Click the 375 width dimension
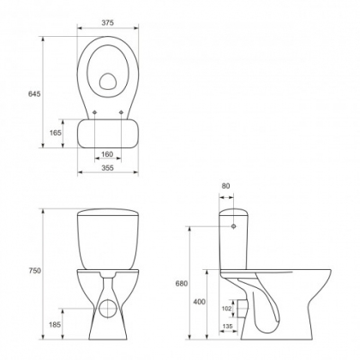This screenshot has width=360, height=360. click(107, 23)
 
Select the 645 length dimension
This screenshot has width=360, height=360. click(34, 93)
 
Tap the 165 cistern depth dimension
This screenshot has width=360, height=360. click(56, 133)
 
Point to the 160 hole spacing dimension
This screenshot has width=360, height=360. click(107, 154)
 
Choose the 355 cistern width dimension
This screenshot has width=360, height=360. click(107, 168)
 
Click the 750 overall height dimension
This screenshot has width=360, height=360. click(35, 271)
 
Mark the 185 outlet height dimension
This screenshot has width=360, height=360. click(55, 325)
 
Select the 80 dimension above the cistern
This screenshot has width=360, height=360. click(225, 186)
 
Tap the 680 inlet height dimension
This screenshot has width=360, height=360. click(182, 284)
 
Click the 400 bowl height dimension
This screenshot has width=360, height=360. click(199, 302)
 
